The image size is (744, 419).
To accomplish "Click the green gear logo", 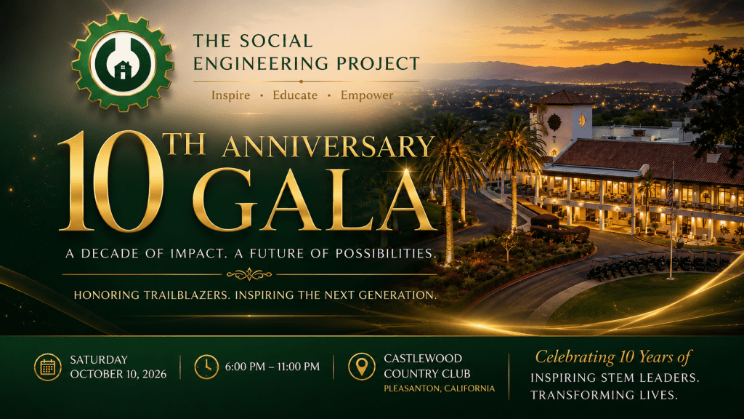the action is coord(123,63).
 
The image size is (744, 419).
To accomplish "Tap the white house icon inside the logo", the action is coord(123,71).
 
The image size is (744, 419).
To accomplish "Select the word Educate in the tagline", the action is coord(295,95).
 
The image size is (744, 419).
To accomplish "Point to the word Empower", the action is coord(367,95).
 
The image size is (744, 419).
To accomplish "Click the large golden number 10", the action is coord(111,181).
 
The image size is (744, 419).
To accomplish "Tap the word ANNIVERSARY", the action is coord(328,147).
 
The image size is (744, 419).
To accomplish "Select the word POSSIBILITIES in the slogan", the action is coord(386,254).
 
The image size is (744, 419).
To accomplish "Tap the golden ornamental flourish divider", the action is coord(249,274).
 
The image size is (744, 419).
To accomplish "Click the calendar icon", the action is coord(48,367).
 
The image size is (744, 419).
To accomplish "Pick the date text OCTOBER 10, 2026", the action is coord(118,375).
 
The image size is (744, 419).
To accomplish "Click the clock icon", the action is coord(206,367).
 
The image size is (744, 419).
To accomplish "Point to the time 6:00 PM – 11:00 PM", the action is coord(272,367).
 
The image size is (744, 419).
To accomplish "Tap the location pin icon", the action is coord(362,367).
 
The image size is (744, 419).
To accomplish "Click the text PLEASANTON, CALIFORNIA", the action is coord(440,388).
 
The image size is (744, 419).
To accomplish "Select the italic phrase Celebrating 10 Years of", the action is coord(613,357).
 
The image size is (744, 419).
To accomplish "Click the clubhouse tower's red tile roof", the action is coord(564,98).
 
